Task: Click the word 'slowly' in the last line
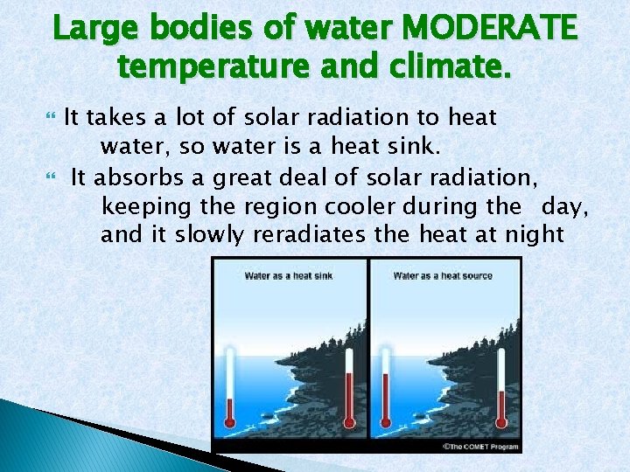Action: point(210,234)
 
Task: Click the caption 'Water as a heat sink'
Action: point(288,276)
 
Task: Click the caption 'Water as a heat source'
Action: point(443,276)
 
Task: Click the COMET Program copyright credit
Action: point(480,447)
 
